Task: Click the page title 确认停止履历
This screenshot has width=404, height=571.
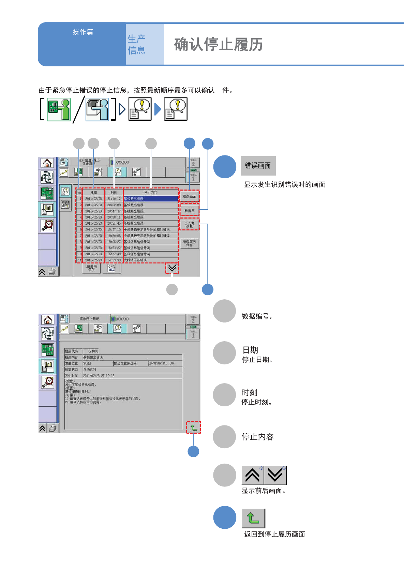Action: (x=218, y=45)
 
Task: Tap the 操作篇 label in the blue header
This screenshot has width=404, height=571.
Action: (x=83, y=32)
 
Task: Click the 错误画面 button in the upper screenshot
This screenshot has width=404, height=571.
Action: (x=189, y=196)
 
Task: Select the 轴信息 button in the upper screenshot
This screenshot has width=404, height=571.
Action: (x=189, y=211)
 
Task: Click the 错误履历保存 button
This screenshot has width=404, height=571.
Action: (x=189, y=243)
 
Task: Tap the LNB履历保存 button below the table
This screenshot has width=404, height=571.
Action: (x=91, y=268)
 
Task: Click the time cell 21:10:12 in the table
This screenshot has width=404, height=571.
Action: (x=114, y=199)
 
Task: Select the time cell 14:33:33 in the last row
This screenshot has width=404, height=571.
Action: (x=114, y=260)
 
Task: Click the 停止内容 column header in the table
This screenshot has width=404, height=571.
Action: (x=151, y=193)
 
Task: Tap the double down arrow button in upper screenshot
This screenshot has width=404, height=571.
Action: (x=172, y=268)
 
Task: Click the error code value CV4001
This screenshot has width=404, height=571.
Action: (x=93, y=351)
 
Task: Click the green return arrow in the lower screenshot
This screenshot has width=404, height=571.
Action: (x=193, y=427)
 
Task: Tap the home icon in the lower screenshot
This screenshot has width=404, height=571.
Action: (x=48, y=320)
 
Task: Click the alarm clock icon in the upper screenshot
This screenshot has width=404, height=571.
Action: (x=47, y=225)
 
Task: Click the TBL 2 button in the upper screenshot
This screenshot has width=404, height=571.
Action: (x=193, y=163)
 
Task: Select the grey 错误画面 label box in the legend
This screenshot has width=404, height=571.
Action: (x=258, y=166)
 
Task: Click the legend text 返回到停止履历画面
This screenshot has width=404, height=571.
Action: (x=274, y=534)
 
